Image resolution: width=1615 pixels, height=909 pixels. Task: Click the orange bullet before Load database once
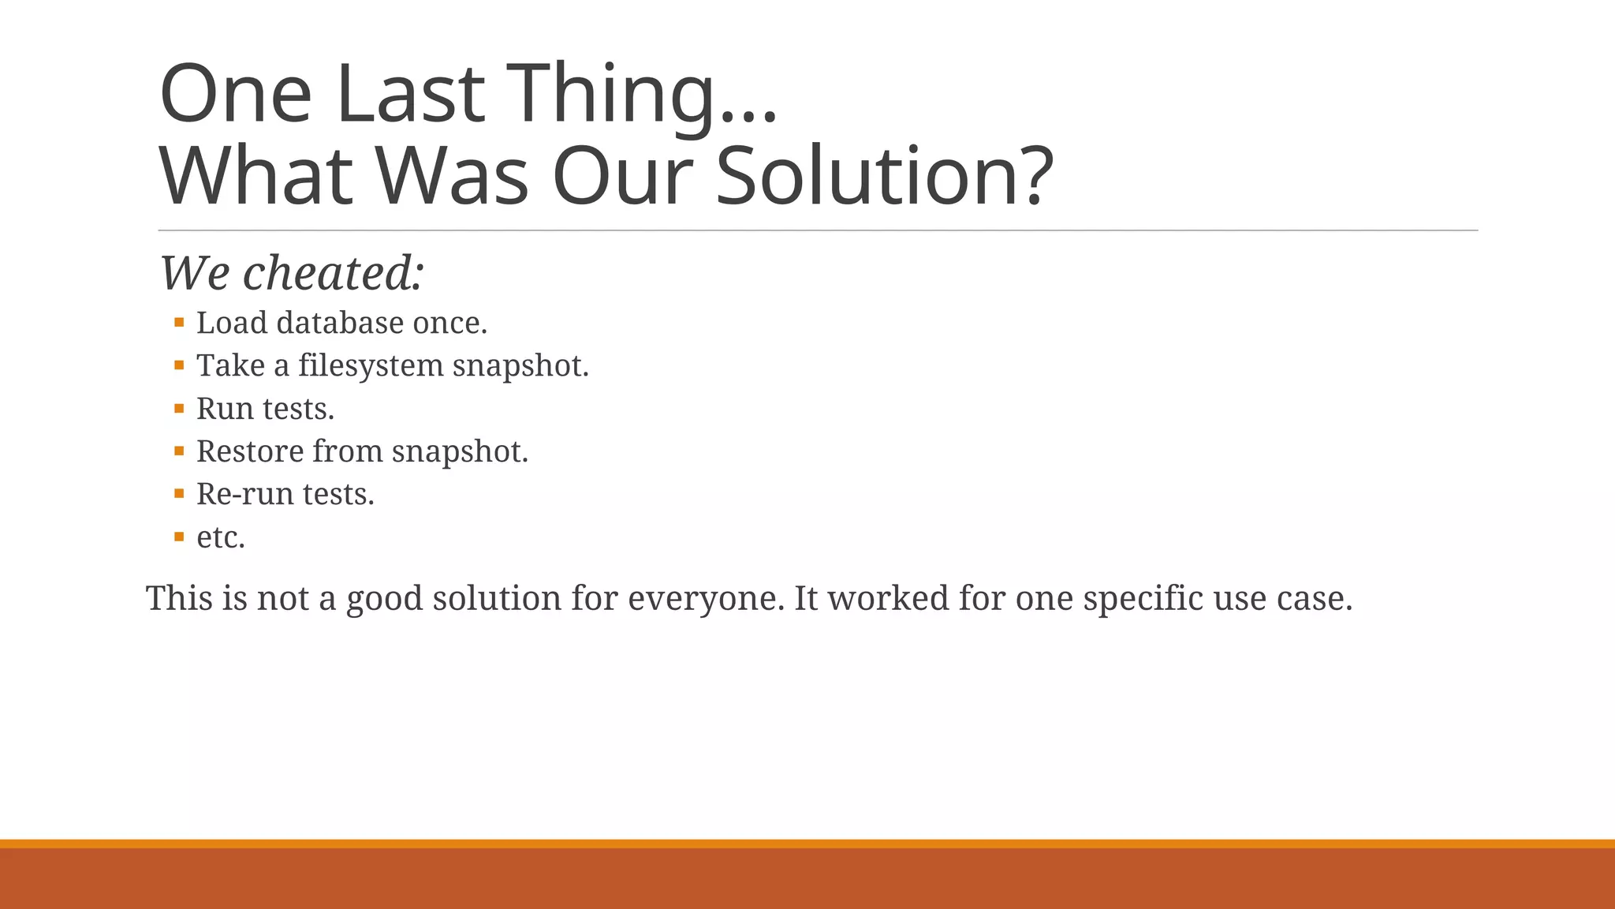[179, 322]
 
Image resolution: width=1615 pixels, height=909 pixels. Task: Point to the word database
[340, 324]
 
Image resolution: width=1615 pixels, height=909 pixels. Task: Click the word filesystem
[371, 366]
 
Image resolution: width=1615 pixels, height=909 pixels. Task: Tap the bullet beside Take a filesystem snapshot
[179, 365]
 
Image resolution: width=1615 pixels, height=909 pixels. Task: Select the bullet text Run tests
[265, 409]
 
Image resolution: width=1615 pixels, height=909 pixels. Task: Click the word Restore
[250, 451]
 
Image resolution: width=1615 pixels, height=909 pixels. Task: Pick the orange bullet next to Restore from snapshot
[179, 451]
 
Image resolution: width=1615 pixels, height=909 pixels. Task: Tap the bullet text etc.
[221, 537]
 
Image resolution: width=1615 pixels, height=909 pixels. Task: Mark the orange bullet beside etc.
[179, 537]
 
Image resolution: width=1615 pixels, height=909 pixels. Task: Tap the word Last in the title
[409, 95]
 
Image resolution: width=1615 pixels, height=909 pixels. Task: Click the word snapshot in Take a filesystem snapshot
[520, 366]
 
